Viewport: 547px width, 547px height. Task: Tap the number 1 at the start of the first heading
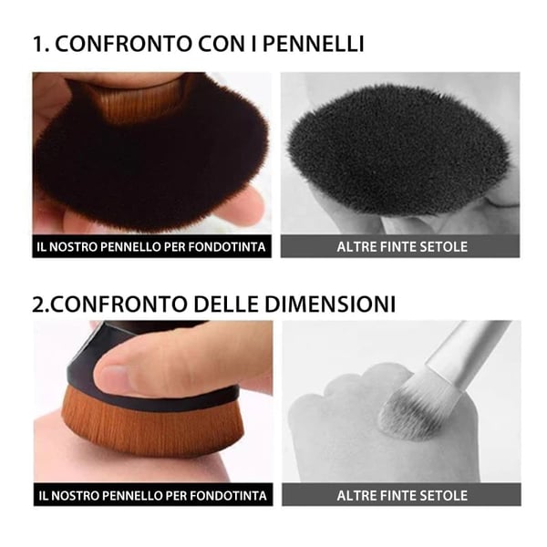coord(37,43)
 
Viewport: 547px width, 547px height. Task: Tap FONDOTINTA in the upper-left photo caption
coord(231,247)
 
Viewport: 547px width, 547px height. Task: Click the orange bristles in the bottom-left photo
coord(146,424)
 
